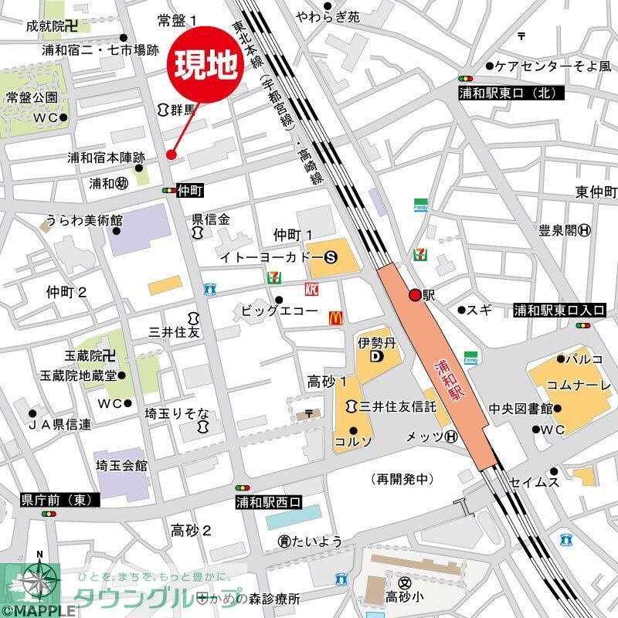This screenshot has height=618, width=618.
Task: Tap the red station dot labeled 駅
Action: pos(415,294)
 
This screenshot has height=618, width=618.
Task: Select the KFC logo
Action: pos(312,290)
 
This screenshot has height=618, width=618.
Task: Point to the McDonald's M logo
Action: pos(335,317)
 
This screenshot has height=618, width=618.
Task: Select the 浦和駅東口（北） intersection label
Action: pos(512,93)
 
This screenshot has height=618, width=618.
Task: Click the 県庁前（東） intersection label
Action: pos(57,501)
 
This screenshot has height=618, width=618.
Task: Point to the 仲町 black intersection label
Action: pos(189,190)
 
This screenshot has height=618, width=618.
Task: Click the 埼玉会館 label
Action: pos(121,466)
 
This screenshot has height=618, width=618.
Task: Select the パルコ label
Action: pos(585,359)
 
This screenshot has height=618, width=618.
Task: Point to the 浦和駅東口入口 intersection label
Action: pos(560,311)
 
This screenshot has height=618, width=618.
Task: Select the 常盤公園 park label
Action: pos(32,97)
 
